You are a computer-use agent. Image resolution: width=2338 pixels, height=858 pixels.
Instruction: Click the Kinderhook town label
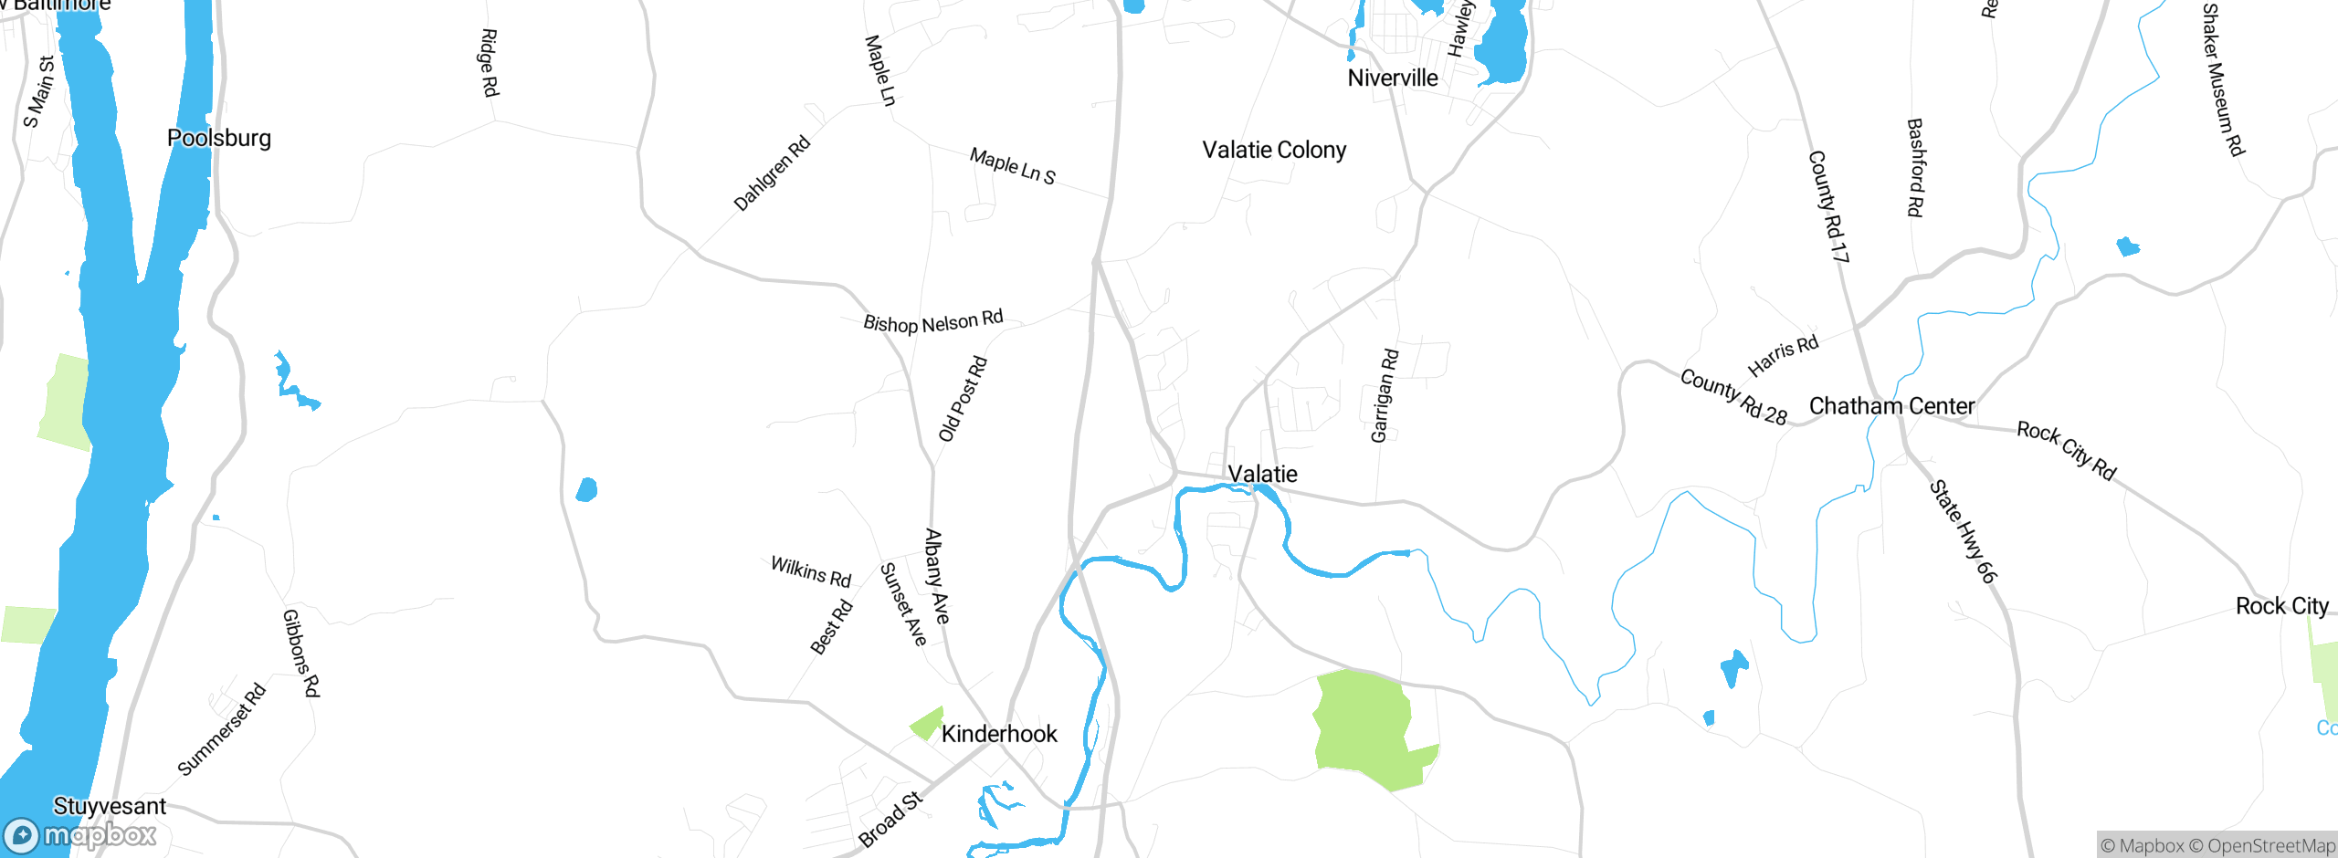999,734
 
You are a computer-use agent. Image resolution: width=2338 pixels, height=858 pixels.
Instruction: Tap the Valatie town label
1262,474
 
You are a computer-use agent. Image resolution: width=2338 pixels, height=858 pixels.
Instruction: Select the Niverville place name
1393,78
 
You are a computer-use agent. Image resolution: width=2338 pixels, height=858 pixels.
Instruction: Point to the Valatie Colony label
1274,151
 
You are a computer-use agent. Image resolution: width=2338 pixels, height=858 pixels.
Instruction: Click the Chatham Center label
1891,406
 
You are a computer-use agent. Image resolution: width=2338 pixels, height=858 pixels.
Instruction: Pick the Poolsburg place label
219,139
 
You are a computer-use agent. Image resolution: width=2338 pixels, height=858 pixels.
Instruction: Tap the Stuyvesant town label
110,806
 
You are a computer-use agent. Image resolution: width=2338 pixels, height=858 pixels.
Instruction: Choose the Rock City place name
2281,606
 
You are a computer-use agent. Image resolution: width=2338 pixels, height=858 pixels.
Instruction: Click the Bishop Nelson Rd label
933,322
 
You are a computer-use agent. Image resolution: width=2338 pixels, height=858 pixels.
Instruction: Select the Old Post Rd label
964,399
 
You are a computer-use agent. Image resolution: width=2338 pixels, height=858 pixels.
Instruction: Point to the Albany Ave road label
937,576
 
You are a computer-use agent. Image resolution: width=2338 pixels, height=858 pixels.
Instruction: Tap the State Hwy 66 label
1963,531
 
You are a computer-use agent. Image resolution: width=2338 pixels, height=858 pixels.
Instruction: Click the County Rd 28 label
1733,397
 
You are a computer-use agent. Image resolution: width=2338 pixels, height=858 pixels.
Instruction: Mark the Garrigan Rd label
1385,396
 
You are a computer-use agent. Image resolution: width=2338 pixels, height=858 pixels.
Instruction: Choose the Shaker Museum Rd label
2222,79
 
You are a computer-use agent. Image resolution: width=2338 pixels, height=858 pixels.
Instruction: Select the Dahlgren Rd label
772,173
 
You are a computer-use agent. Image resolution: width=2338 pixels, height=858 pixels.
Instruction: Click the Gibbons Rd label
301,653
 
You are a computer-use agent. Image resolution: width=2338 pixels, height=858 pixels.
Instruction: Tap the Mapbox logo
80,835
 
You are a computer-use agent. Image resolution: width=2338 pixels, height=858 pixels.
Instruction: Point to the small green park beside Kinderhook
927,724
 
